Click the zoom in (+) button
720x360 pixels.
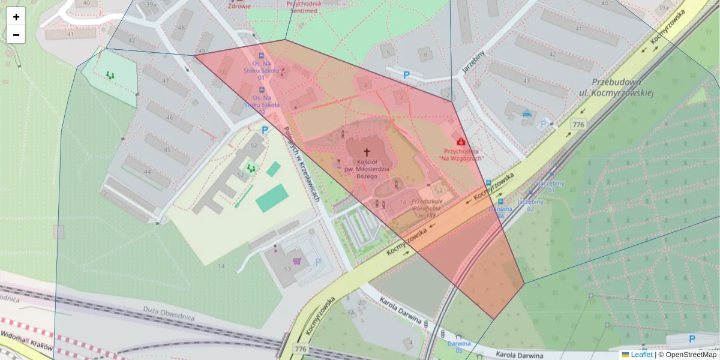click(16, 17)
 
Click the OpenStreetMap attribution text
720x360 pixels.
click(690, 355)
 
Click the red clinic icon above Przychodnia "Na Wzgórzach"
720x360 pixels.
click(461, 142)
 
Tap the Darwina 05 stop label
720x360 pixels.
click(459, 346)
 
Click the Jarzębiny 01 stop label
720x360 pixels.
click(551, 186)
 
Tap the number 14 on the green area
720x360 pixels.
click(221, 266)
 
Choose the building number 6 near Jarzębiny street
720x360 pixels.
click(425, 55)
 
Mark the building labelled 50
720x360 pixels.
click(223, 73)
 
